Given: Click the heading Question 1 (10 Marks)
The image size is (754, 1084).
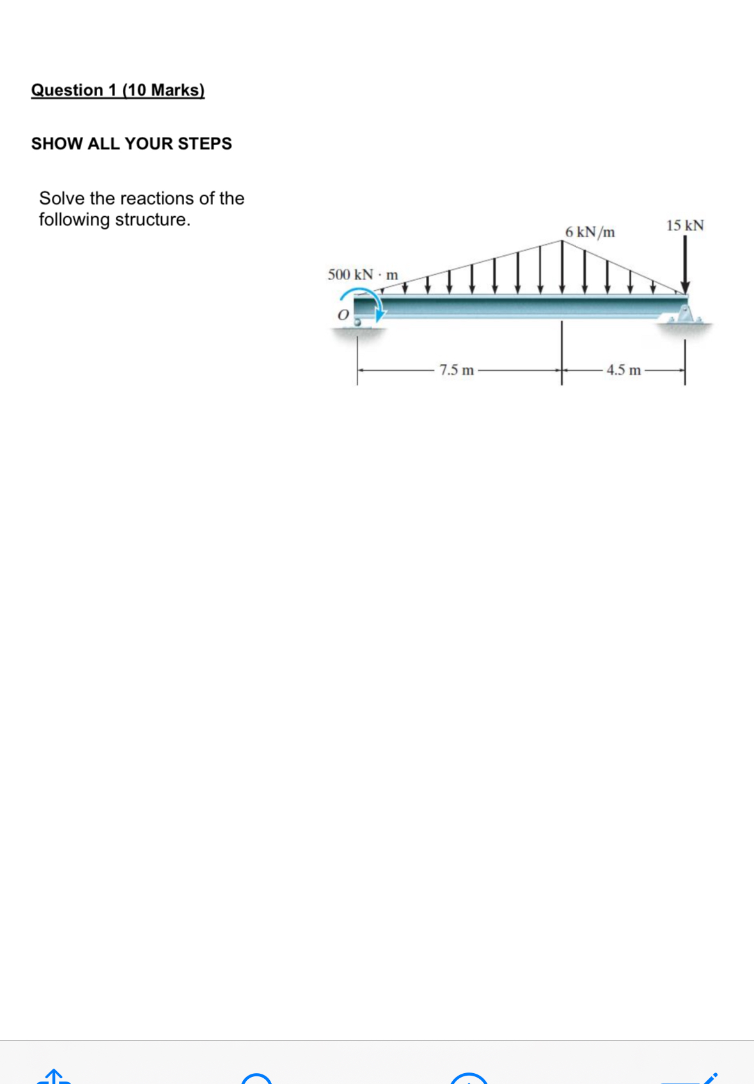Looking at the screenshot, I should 118,90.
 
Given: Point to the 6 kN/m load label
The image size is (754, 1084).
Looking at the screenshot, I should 590,232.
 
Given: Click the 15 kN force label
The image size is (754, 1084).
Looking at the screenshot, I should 684,226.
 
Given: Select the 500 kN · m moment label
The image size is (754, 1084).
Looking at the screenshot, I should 363,275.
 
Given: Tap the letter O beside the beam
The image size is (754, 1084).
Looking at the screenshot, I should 343,315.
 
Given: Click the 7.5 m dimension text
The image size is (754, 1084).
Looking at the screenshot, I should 456,370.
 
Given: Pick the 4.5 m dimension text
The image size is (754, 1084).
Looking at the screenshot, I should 623,370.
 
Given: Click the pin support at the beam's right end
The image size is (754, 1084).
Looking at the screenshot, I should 685,316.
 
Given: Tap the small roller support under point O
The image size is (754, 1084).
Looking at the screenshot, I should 358,323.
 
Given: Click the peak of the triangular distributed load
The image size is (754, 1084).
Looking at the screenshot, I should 562,241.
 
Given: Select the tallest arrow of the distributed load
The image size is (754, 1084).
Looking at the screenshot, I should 562,267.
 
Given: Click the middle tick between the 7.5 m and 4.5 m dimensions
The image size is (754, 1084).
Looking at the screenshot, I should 562,370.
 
